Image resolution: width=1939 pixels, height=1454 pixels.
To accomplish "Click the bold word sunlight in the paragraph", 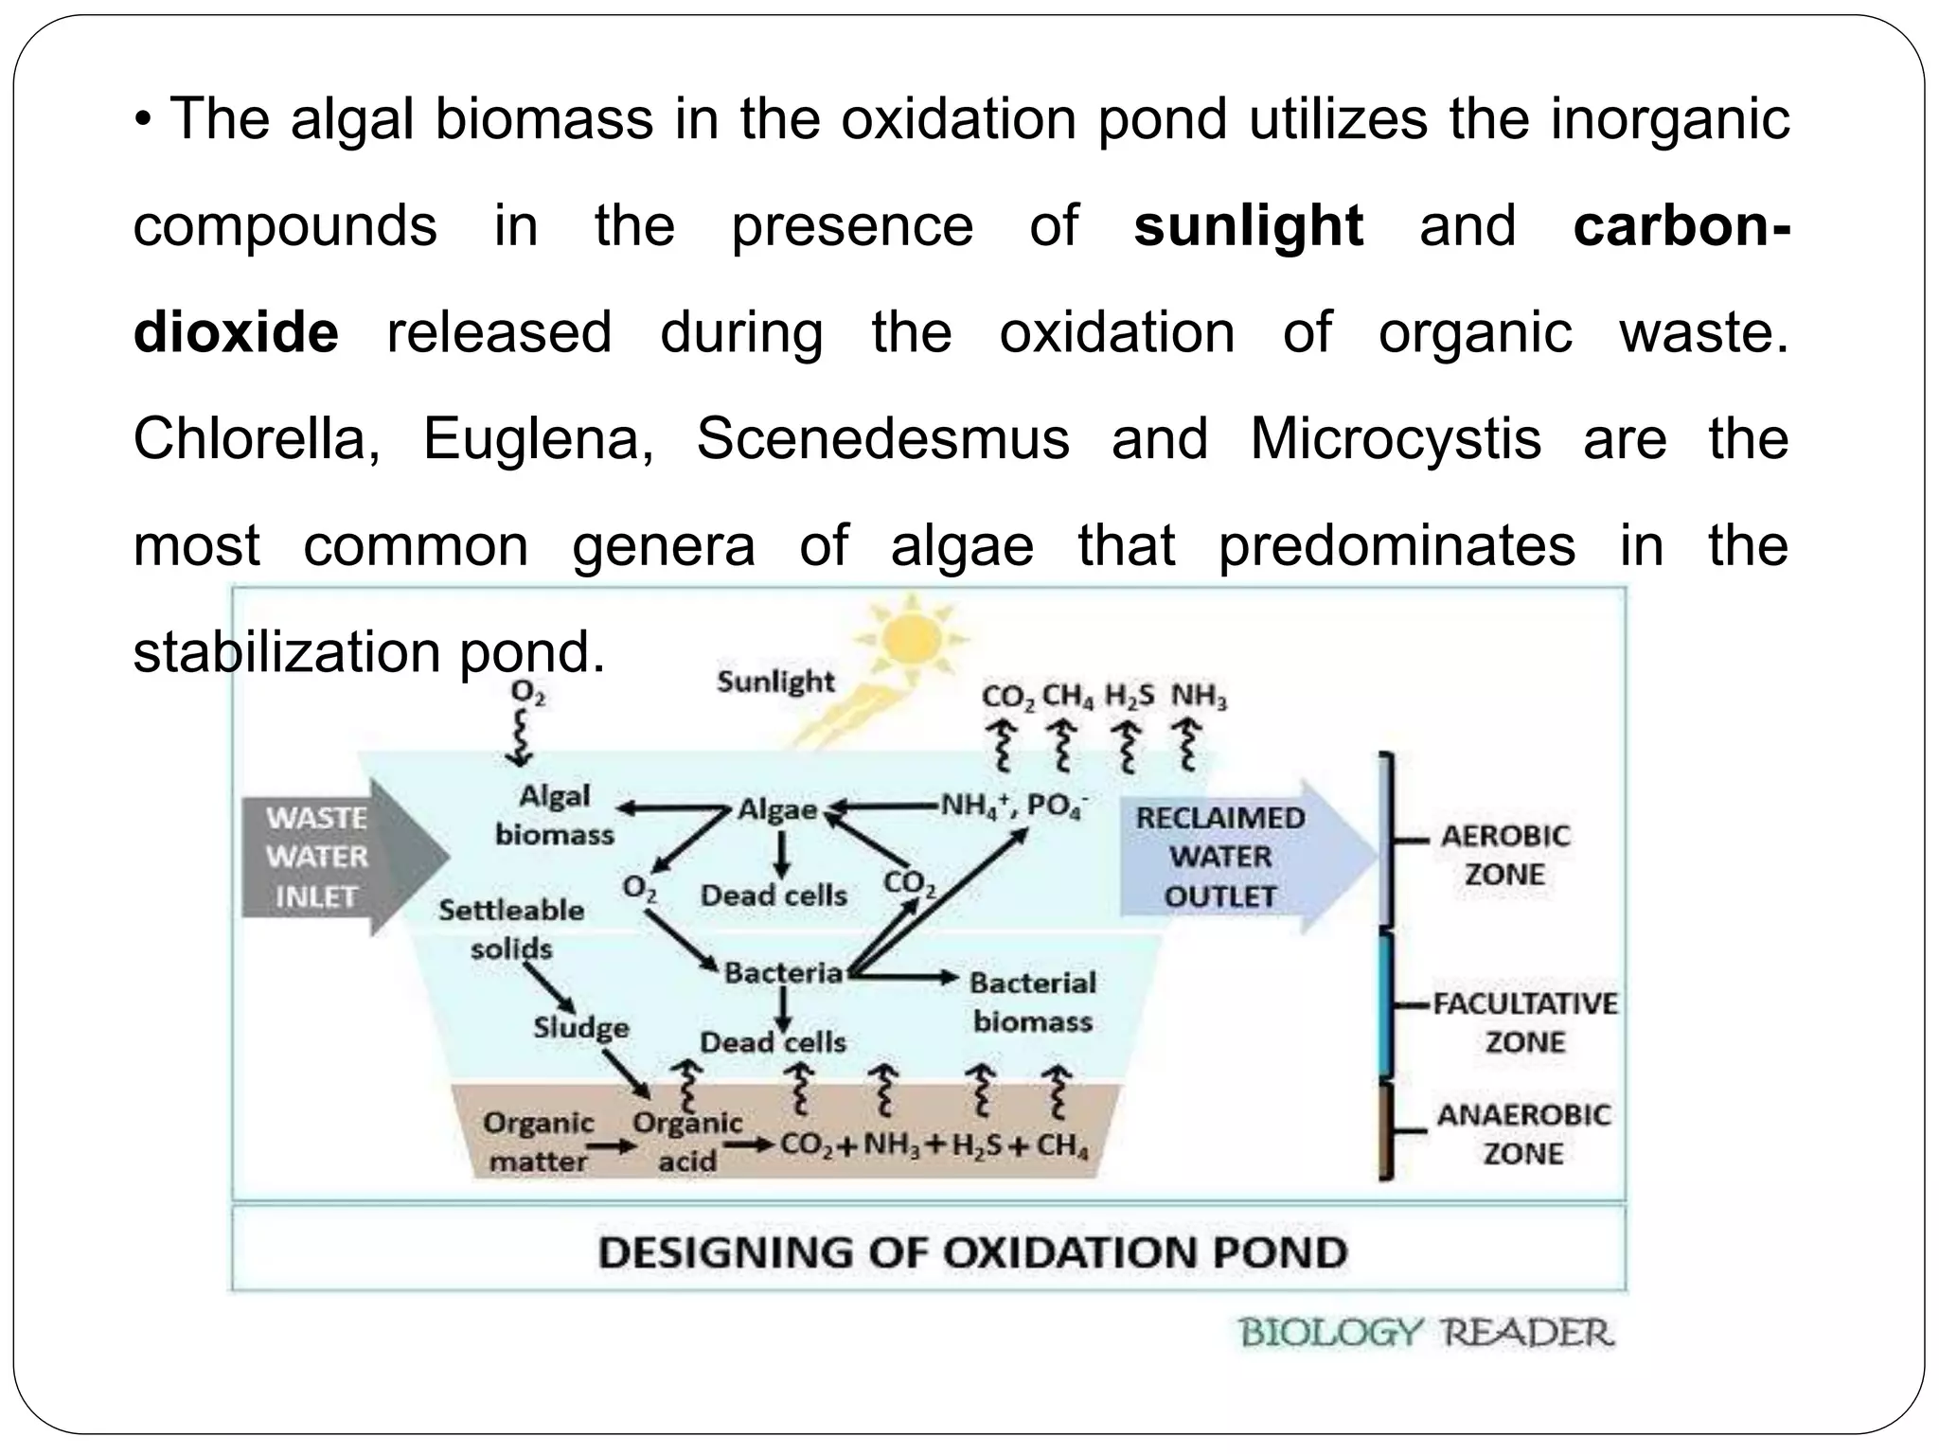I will click(x=1248, y=227).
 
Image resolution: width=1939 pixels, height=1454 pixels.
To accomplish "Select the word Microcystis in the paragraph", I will click(x=1396, y=440).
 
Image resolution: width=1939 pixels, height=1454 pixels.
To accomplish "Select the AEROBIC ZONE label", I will click(x=1505, y=855).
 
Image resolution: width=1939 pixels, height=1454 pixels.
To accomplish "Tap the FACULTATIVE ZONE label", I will click(x=1525, y=1022).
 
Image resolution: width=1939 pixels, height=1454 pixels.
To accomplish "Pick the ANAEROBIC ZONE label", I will click(x=1522, y=1134).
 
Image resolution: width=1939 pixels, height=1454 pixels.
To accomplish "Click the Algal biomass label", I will click(x=555, y=815).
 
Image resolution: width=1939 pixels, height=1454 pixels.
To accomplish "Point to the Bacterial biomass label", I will click(x=1032, y=1002).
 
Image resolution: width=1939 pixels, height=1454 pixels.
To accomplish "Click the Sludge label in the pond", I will click(x=580, y=1028).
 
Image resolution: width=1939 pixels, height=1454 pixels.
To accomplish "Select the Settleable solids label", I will click(x=511, y=929).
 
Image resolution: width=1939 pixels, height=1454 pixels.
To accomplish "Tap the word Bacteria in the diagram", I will click(x=783, y=973).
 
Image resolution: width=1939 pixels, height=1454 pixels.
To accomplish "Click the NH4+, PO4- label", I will click(x=1013, y=807).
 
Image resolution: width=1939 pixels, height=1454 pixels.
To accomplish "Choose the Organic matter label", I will click(x=538, y=1142).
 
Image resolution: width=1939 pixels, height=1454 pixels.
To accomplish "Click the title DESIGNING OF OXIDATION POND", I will click(x=971, y=1253).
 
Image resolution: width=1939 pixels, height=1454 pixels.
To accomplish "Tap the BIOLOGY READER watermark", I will click(x=1426, y=1334).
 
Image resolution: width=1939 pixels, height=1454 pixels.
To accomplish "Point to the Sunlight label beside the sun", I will click(x=775, y=682).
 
